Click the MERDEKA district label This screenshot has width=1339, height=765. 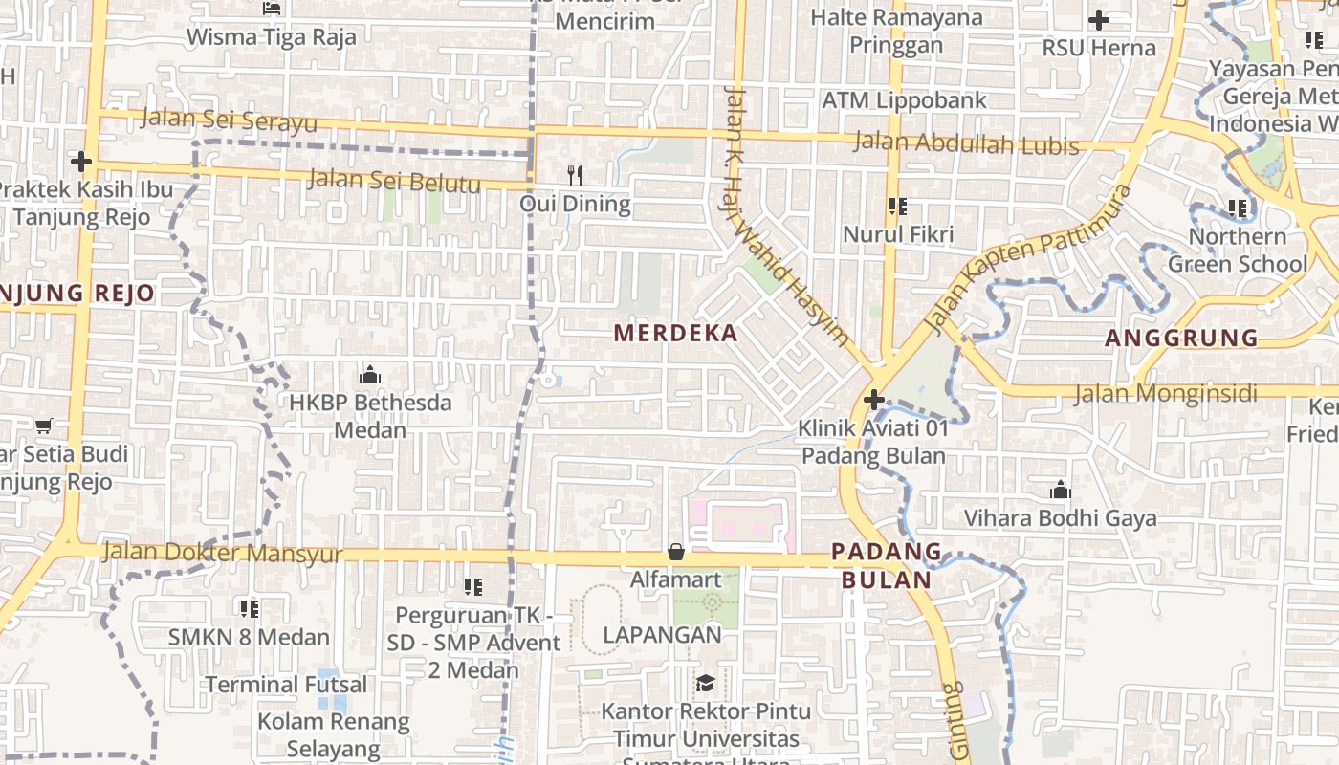(675, 333)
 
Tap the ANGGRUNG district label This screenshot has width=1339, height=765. (1182, 338)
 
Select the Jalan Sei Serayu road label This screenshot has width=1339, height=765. (229, 120)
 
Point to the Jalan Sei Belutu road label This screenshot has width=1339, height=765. (394, 180)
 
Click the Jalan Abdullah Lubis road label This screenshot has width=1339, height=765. (966, 143)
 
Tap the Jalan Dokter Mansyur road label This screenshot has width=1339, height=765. (222, 553)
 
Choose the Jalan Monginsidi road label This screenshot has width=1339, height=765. (1186, 393)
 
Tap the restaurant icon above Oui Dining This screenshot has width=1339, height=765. (575, 175)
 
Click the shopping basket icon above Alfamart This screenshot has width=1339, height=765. (676, 552)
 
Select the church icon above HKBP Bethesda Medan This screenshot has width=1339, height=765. (370, 374)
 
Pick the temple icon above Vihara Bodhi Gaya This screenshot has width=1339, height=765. (1060, 491)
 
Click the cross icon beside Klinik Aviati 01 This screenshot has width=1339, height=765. (873, 400)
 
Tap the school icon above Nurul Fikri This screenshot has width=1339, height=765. (897, 206)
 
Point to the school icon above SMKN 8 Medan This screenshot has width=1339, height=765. (249, 608)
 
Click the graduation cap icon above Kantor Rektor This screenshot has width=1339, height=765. (705, 683)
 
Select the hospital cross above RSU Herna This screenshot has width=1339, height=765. (1099, 19)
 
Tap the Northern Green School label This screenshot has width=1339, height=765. (1238, 250)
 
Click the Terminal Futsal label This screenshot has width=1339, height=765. (286, 685)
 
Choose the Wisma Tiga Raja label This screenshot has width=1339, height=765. (271, 37)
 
